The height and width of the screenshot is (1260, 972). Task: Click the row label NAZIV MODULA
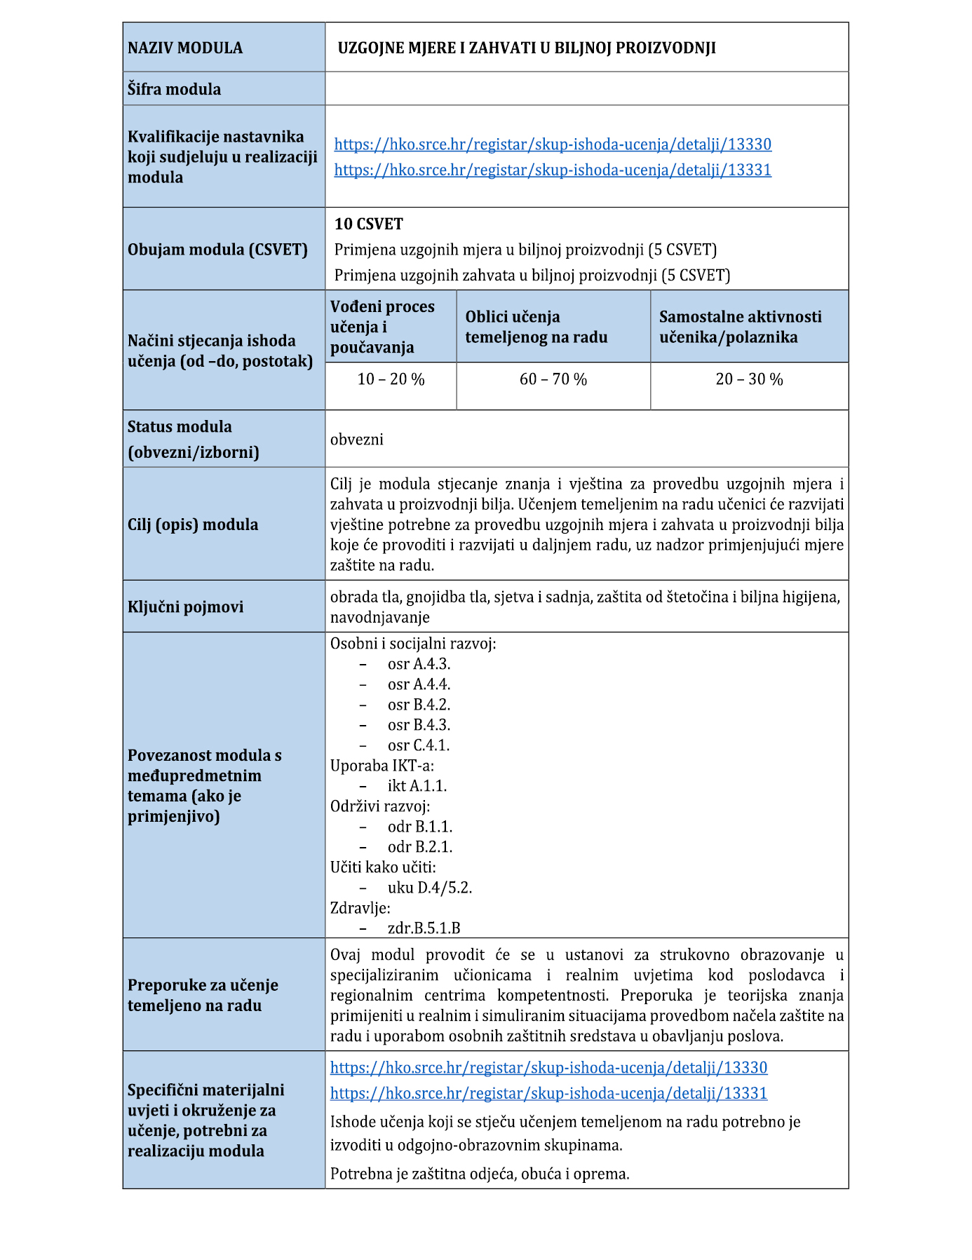185,48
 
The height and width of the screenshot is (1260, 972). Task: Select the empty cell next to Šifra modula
586,89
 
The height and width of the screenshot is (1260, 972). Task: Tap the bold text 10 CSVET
369,224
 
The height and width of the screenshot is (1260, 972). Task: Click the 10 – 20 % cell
391,379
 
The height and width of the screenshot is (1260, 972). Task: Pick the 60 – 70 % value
553,379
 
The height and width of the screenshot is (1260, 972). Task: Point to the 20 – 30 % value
749,379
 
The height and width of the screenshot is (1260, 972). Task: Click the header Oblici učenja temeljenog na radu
536,327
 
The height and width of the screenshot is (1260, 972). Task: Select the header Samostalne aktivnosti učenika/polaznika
740,327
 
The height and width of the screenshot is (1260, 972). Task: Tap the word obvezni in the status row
357,440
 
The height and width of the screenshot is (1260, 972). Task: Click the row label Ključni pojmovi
185,607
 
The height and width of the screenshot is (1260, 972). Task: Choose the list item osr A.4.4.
419,684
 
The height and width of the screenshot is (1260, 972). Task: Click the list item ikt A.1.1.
417,785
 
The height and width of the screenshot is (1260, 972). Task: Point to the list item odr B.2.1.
420,846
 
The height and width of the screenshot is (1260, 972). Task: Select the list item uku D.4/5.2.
430,887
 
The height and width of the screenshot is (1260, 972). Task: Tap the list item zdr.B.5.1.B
424,928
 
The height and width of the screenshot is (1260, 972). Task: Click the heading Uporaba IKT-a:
382,765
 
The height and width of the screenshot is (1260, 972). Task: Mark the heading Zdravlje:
360,907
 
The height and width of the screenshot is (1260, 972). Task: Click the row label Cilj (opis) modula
193,524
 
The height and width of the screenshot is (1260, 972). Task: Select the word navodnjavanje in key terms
380,617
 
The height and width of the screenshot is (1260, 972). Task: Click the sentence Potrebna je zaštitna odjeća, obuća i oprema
480,1173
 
